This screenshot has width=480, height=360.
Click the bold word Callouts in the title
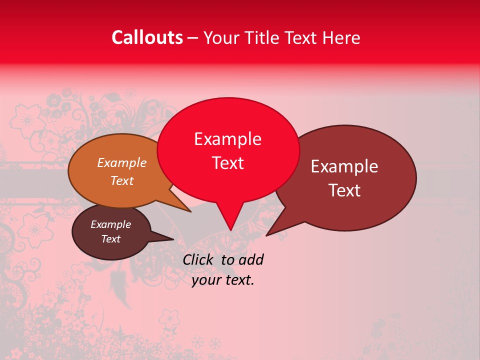(x=147, y=37)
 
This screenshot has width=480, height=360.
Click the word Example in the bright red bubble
(x=227, y=139)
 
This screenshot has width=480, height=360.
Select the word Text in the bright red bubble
(x=227, y=163)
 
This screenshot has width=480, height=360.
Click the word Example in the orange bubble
(x=122, y=163)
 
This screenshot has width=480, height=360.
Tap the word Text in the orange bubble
(x=122, y=180)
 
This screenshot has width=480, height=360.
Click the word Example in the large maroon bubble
(x=344, y=166)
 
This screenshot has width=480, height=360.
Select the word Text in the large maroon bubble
(x=344, y=190)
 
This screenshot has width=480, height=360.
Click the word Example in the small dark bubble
(x=111, y=224)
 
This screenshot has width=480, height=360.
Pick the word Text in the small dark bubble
(x=111, y=239)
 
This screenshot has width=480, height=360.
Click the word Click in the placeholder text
(x=197, y=259)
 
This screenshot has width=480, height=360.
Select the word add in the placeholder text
(x=251, y=259)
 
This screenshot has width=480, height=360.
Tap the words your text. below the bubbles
(x=223, y=280)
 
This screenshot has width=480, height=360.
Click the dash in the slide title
(x=193, y=38)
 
